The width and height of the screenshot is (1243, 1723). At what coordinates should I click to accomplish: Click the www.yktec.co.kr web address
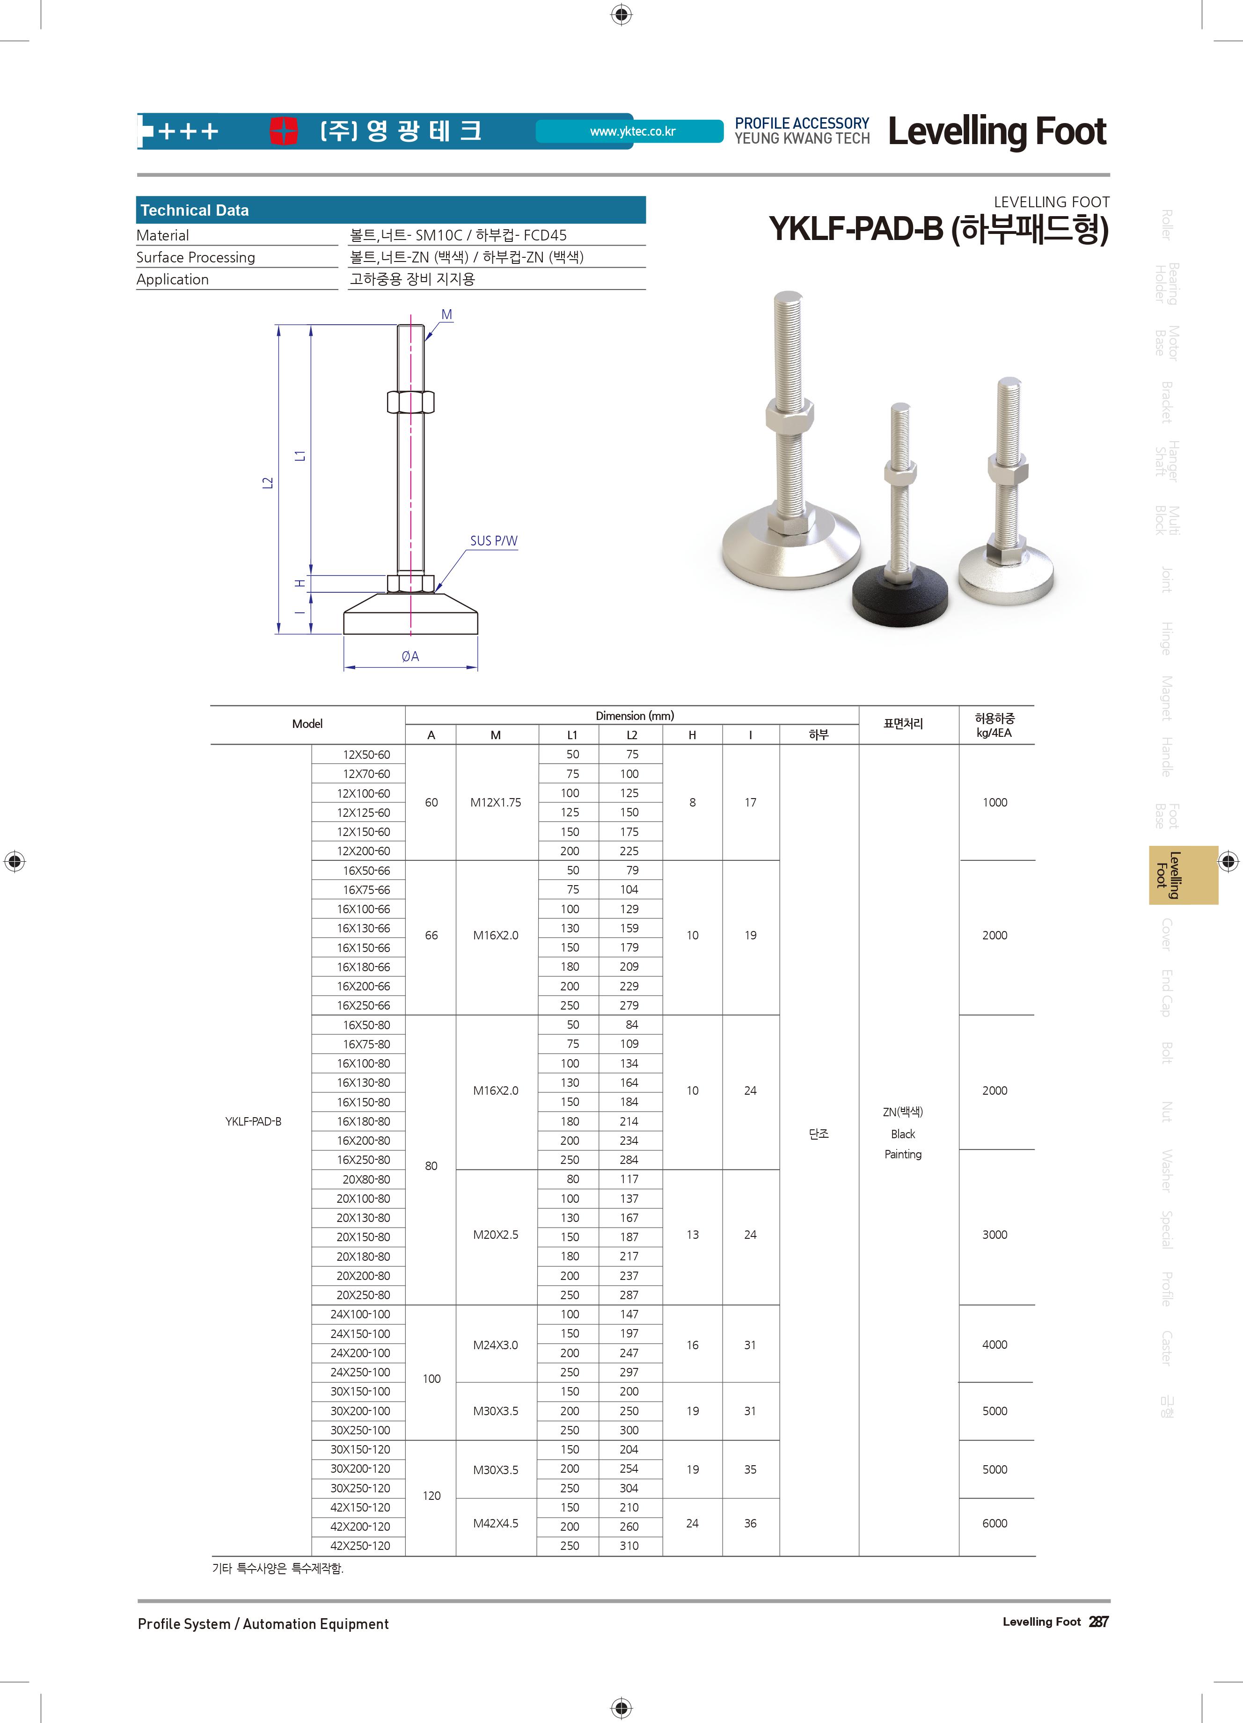click(632, 131)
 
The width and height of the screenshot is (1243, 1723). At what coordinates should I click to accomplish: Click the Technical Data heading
click(195, 211)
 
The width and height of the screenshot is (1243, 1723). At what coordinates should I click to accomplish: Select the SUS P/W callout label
click(494, 541)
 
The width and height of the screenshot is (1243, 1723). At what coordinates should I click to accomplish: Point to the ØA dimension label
click(410, 656)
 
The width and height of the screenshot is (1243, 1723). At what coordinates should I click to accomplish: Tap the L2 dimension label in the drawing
click(267, 482)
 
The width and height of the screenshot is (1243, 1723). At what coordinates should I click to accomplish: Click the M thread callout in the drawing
click(447, 314)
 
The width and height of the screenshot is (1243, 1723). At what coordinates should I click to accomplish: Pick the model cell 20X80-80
click(366, 1179)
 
